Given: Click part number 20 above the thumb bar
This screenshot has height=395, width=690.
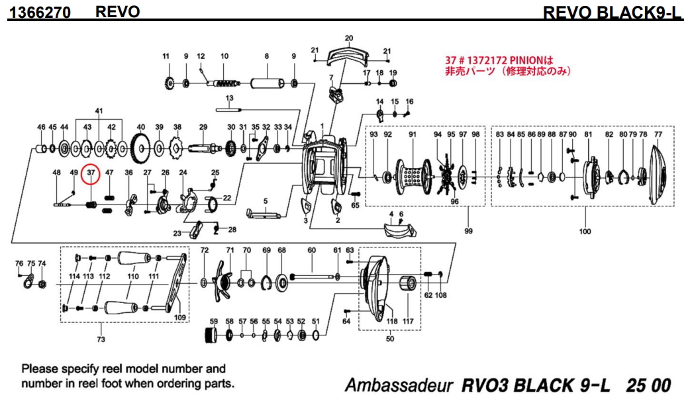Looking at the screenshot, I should coord(349,38).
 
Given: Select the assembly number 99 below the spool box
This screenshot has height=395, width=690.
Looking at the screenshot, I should coord(468,231).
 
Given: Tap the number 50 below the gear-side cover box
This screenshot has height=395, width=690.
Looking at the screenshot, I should coord(389,339).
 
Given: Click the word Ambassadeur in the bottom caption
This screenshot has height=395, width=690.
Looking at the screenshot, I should coord(399,385).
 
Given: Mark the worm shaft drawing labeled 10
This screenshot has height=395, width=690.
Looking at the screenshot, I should coord(224,83).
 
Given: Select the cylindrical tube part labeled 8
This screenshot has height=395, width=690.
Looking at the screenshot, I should coord(267,83).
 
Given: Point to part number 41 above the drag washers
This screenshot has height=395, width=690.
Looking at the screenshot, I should coord(99,110).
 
